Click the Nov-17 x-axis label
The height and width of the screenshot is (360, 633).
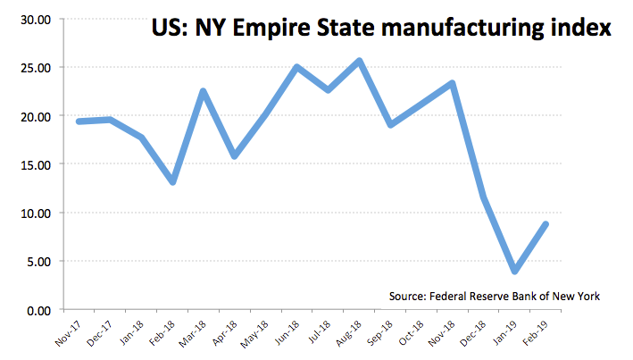pos(69,334)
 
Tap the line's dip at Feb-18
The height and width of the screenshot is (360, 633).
pos(172,182)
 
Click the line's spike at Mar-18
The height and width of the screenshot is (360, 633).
pos(204,91)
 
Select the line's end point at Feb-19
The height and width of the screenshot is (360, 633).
pos(545,224)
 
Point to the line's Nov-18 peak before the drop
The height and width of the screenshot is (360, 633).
pos(453,83)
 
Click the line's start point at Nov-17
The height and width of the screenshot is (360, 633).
pos(79,121)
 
